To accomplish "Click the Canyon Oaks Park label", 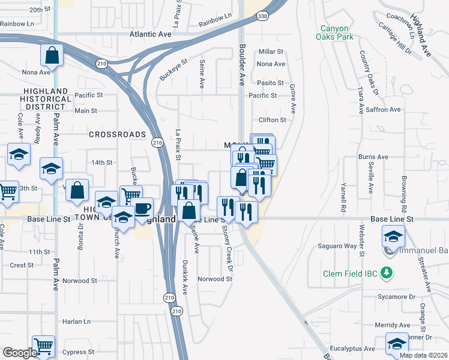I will click(x=336, y=32).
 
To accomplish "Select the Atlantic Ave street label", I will click(x=151, y=35).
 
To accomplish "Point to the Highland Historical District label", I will click(x=44, y=98).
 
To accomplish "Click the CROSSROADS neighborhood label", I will click(x=118, y=134).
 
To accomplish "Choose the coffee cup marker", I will click(x=142, y=208).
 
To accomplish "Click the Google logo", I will click(x=20, y=353).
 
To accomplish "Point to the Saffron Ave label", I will click(x=383, y=109).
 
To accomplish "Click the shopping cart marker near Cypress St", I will click(x=43, y=345).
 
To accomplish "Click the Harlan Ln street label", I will click(x=79, y=322).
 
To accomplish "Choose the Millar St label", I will click(x=271, y=52).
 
